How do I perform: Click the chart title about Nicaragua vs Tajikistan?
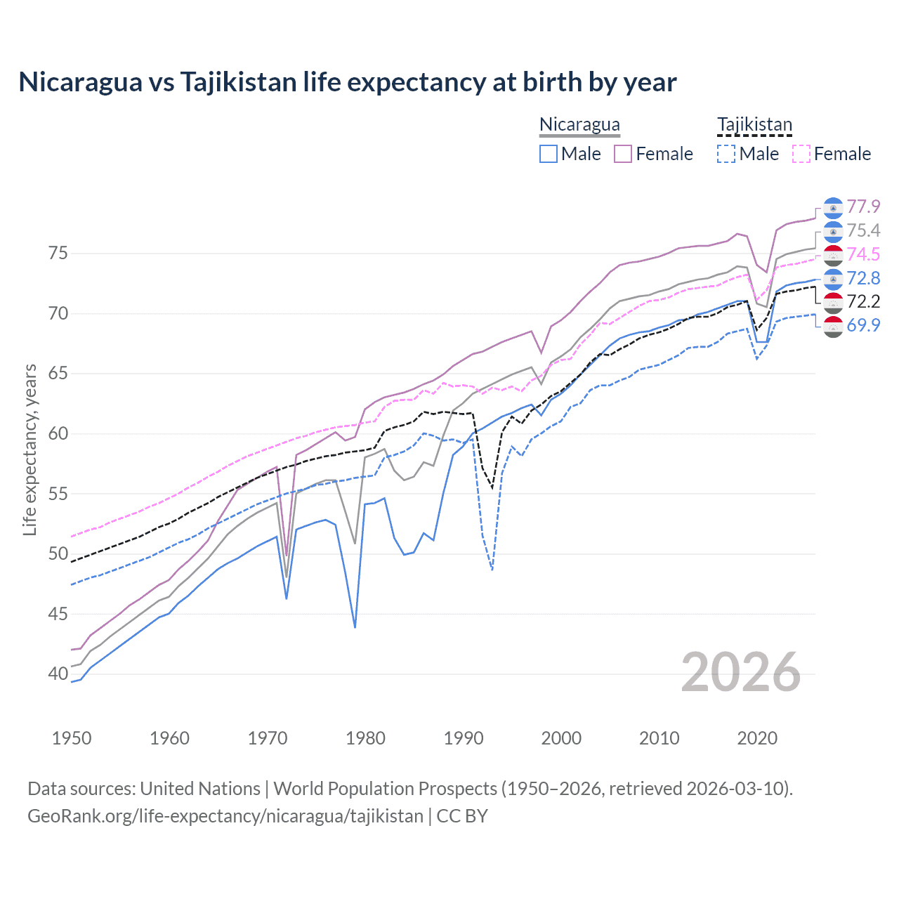pos(348,82)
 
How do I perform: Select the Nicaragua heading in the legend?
pos(579,124)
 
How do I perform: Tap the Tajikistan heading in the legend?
pos(754,124)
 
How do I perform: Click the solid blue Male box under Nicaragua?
pos(549,154)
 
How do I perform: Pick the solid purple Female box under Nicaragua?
pos(623,154)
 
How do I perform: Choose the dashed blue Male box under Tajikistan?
pos(726,154)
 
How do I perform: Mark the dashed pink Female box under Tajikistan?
pos(801,154)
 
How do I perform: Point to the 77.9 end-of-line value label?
pos(863,206)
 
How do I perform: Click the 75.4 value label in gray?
pos(863,230)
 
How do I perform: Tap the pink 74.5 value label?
pos(863,254)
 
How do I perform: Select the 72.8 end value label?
pos(863,278)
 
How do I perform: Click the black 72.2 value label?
pos(863,301)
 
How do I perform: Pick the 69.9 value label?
pos(863,325)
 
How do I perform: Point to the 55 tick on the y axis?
pos(58,494)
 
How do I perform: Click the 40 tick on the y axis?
pos(58,674)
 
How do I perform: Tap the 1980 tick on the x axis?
pos(365,738)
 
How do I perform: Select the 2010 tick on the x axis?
pos(659,738)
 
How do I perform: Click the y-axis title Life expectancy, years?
pos(29,449)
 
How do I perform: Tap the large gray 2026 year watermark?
pos(741,673)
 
